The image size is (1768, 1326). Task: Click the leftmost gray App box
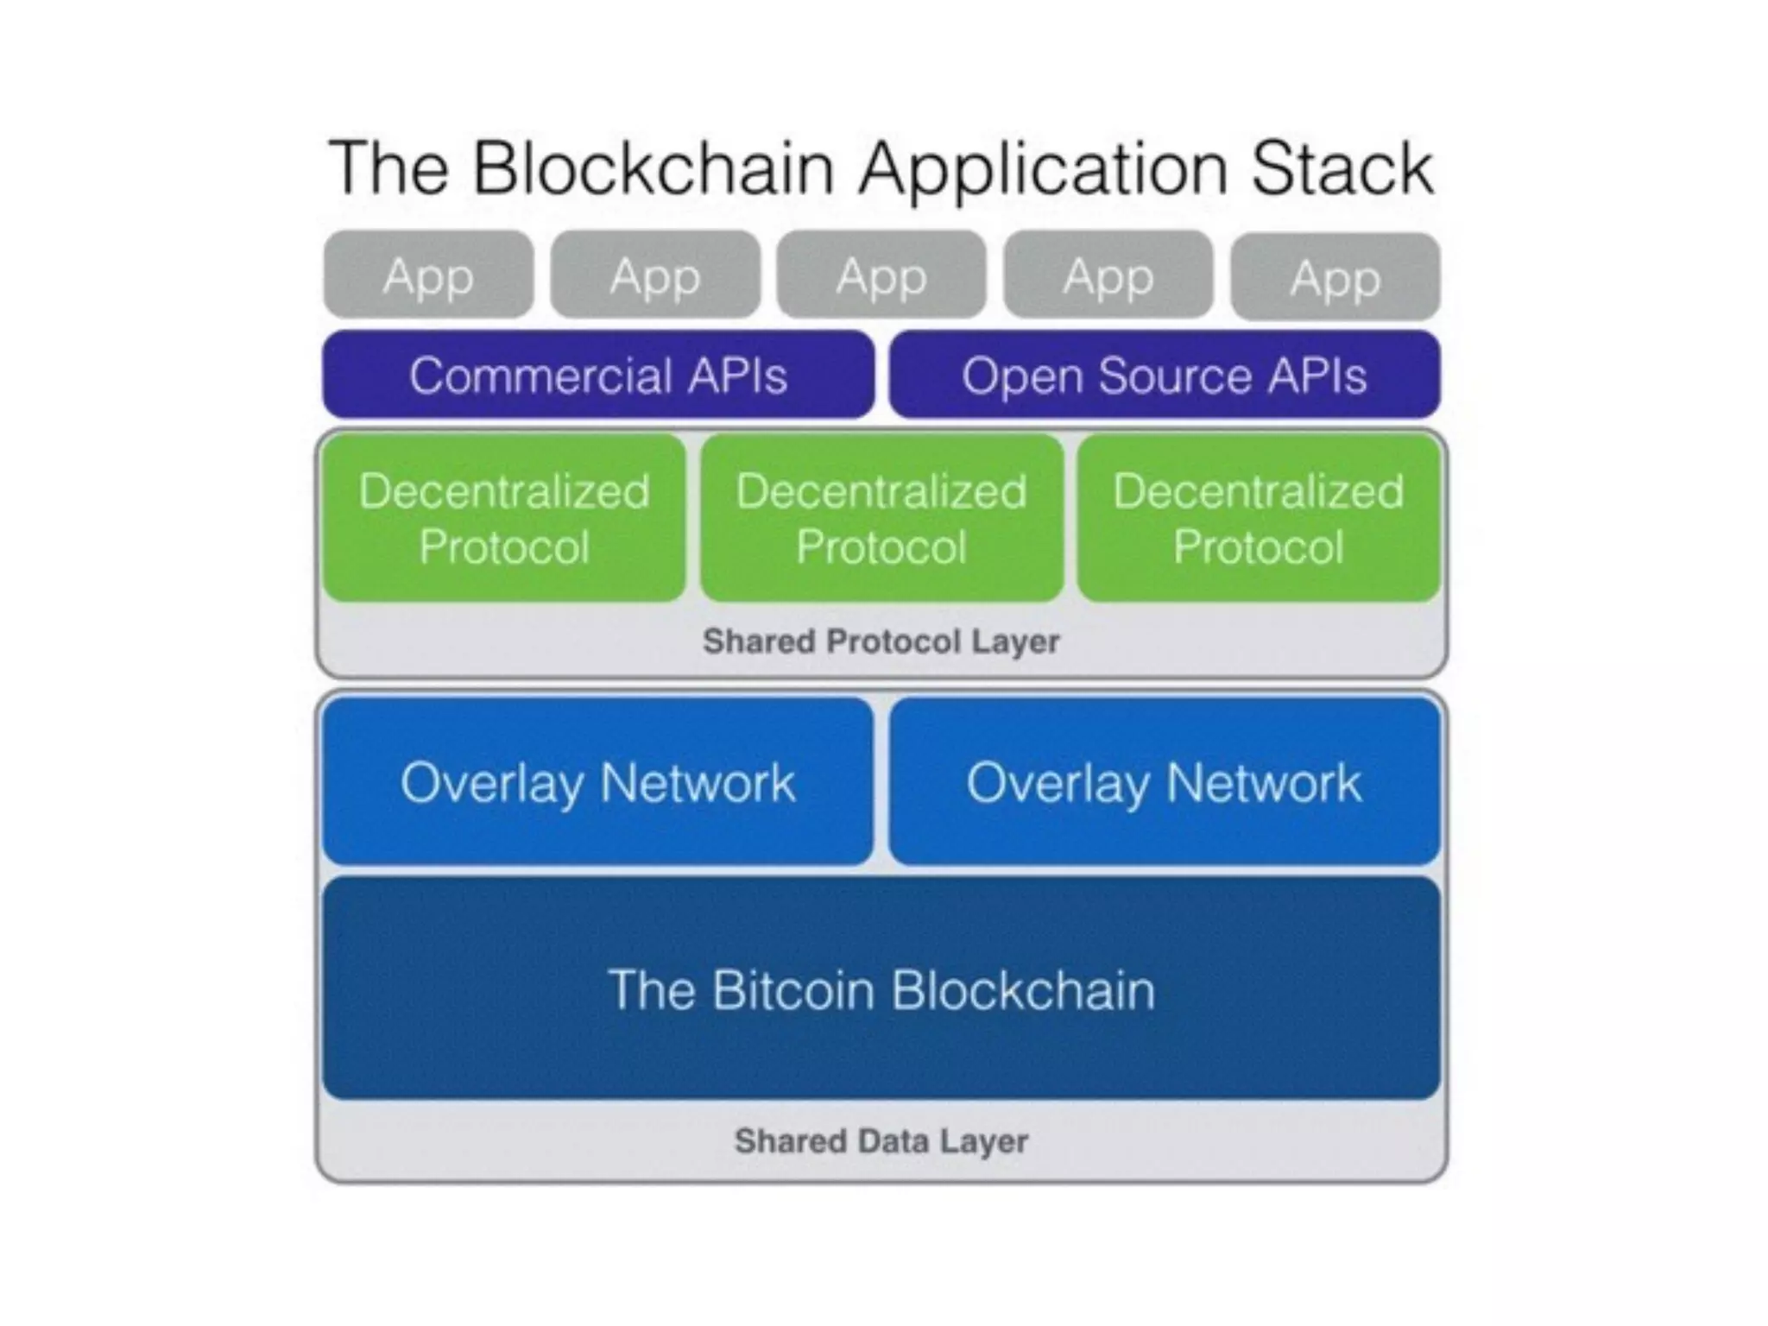tap(428, 275)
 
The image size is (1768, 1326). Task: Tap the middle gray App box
tap(881, 275)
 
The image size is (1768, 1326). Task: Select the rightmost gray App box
tap(1335, 276)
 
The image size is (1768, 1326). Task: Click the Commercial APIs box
tap(598, 375)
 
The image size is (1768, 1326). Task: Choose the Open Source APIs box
tap(1165, 375)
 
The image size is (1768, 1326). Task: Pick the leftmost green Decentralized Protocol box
tap(504, 518)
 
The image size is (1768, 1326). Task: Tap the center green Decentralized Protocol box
tap(881, 518)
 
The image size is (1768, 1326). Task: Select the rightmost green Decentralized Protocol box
tap(1260, 518)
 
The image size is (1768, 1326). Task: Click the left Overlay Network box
tap(598, 781)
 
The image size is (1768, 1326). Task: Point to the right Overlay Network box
tap(1165, 781)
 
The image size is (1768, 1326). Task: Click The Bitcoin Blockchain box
tap(881, 988)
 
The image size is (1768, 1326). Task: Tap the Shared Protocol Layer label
tap(881, 641)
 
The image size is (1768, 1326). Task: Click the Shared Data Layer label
tap(881, 1141)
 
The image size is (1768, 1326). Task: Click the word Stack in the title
tap(1342, 167)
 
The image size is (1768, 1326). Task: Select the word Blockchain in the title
tap(654, 167)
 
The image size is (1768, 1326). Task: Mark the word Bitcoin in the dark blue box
tap(794, 989)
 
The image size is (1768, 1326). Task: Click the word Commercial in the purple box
tap(541, 376)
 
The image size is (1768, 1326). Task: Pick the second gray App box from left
tap(655, 275)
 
